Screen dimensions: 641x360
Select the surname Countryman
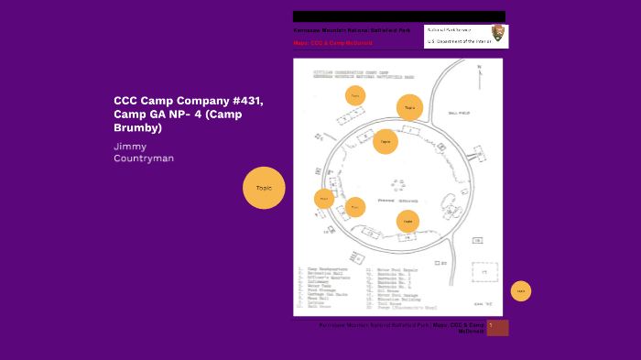[144, 158]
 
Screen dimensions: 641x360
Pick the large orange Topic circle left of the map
[264, 188]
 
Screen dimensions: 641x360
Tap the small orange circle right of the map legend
[520, 291]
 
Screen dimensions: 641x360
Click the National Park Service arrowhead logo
[498, 34]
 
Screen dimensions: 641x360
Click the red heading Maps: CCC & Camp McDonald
[332, 43]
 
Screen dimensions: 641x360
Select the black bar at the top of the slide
[398, 16]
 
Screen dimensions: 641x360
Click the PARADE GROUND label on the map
[398, 200]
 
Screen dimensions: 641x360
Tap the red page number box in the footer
[497, 327]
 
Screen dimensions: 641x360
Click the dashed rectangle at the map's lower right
[484, 271]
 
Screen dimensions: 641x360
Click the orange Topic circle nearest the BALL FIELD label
[410, 107]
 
